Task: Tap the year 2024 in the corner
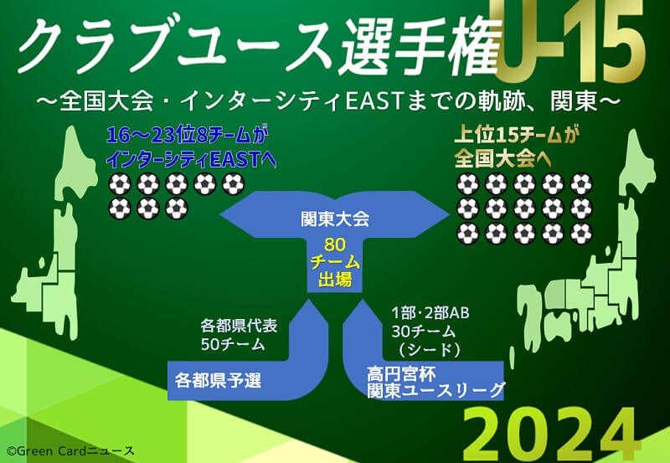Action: [x=549, y=435]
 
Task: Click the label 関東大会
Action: [x=334, y=219]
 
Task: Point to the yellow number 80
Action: [x=334, y=244]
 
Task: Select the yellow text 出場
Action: [x=335, y=280]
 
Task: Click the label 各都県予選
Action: [x=218, y=380]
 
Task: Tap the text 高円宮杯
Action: [x=401, y=373]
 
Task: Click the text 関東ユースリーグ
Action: [x=435, y=390]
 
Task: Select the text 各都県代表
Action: [x=240, y=326]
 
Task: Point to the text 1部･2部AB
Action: [x=430, y=313]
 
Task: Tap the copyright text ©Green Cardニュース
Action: [x=70, y=451]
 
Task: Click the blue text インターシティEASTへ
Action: [x=191, y=160]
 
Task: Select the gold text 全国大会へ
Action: [x=502, y=159]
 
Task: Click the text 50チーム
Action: [x=233, y=344]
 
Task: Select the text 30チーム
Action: [x=424, y=332]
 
